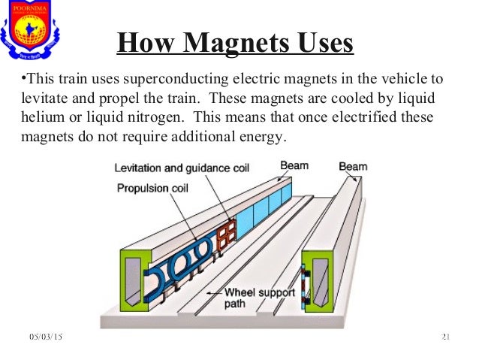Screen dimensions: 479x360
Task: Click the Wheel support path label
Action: (x=258, y=298)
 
